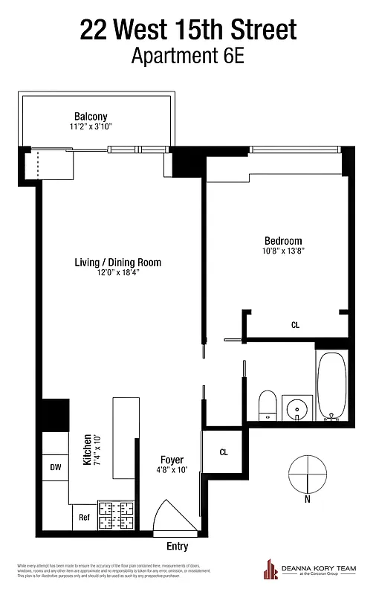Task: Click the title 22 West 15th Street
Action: pyautogui.click(x=188, y=30)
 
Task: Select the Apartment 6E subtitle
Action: pyautogui.click(x=188, y=56)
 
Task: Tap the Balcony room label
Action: pyautogui.click(x=91, y=116)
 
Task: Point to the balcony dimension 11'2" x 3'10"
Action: pyautogui.click(x=91, y=127)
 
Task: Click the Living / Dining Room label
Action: pyautogui.click(x=117, y=263)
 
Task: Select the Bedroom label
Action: pyautogui.click(x=283, y=240)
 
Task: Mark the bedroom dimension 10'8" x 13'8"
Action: pyautogui.click(x=283, y=251)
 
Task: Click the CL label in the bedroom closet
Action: pyautogui.click(x=295, y=324)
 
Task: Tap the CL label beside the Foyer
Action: pyautogui.click(x=224, y=451)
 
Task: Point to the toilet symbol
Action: pyautogui.click(x=268, y=406)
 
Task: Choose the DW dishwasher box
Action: pyautogui.click(x=56, y=468)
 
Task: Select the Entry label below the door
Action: pyautogui.click(x=177, y=547)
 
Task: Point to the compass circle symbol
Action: pyautogui.click(x=306, y=474)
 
